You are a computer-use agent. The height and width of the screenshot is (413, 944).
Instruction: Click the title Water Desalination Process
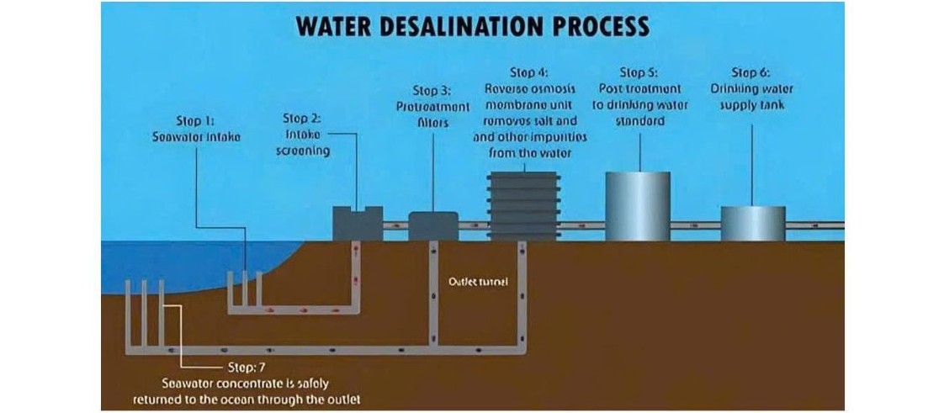tap(473, 25)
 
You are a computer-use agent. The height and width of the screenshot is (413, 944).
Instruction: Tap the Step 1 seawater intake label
tap(196, 129)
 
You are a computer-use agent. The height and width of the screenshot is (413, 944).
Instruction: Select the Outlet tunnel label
tap(478, 281)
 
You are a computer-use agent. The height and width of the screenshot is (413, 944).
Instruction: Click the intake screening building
tap(358, 225)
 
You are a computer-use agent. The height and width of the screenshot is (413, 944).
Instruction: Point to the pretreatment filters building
tap(433, 226)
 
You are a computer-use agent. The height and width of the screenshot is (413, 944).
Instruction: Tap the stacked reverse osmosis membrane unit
tap(522, 206)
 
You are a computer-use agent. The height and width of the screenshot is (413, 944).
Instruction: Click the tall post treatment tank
tap(639, 205)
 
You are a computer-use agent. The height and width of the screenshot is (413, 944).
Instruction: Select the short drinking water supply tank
tap(753, 223)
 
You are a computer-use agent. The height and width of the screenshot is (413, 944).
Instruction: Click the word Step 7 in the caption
tap(245, 368)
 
